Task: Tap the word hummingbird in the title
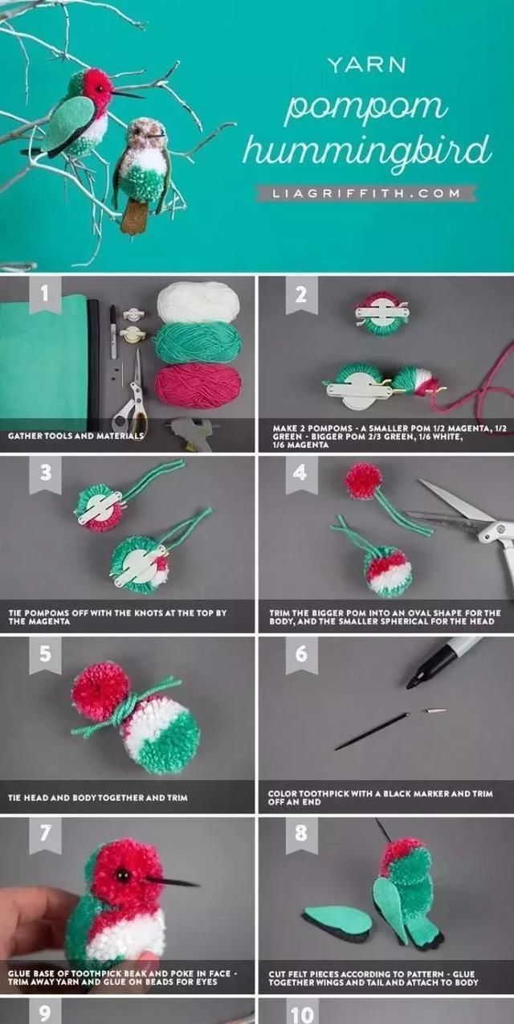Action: click(367, 151)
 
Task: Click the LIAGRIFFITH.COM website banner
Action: click(367, 193)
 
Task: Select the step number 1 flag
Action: click(45, 295)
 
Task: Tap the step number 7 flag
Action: click(45, 834)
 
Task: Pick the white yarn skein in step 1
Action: click(198, 302)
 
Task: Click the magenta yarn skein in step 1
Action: click(198, 385)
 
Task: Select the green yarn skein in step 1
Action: click(198, 342)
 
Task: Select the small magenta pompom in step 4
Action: click(364, 481)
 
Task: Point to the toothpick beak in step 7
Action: click(172, 882)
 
